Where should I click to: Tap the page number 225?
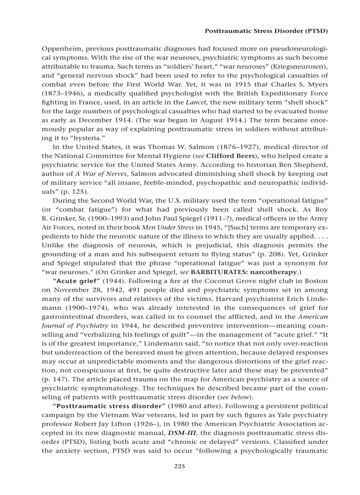click(180, 466)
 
